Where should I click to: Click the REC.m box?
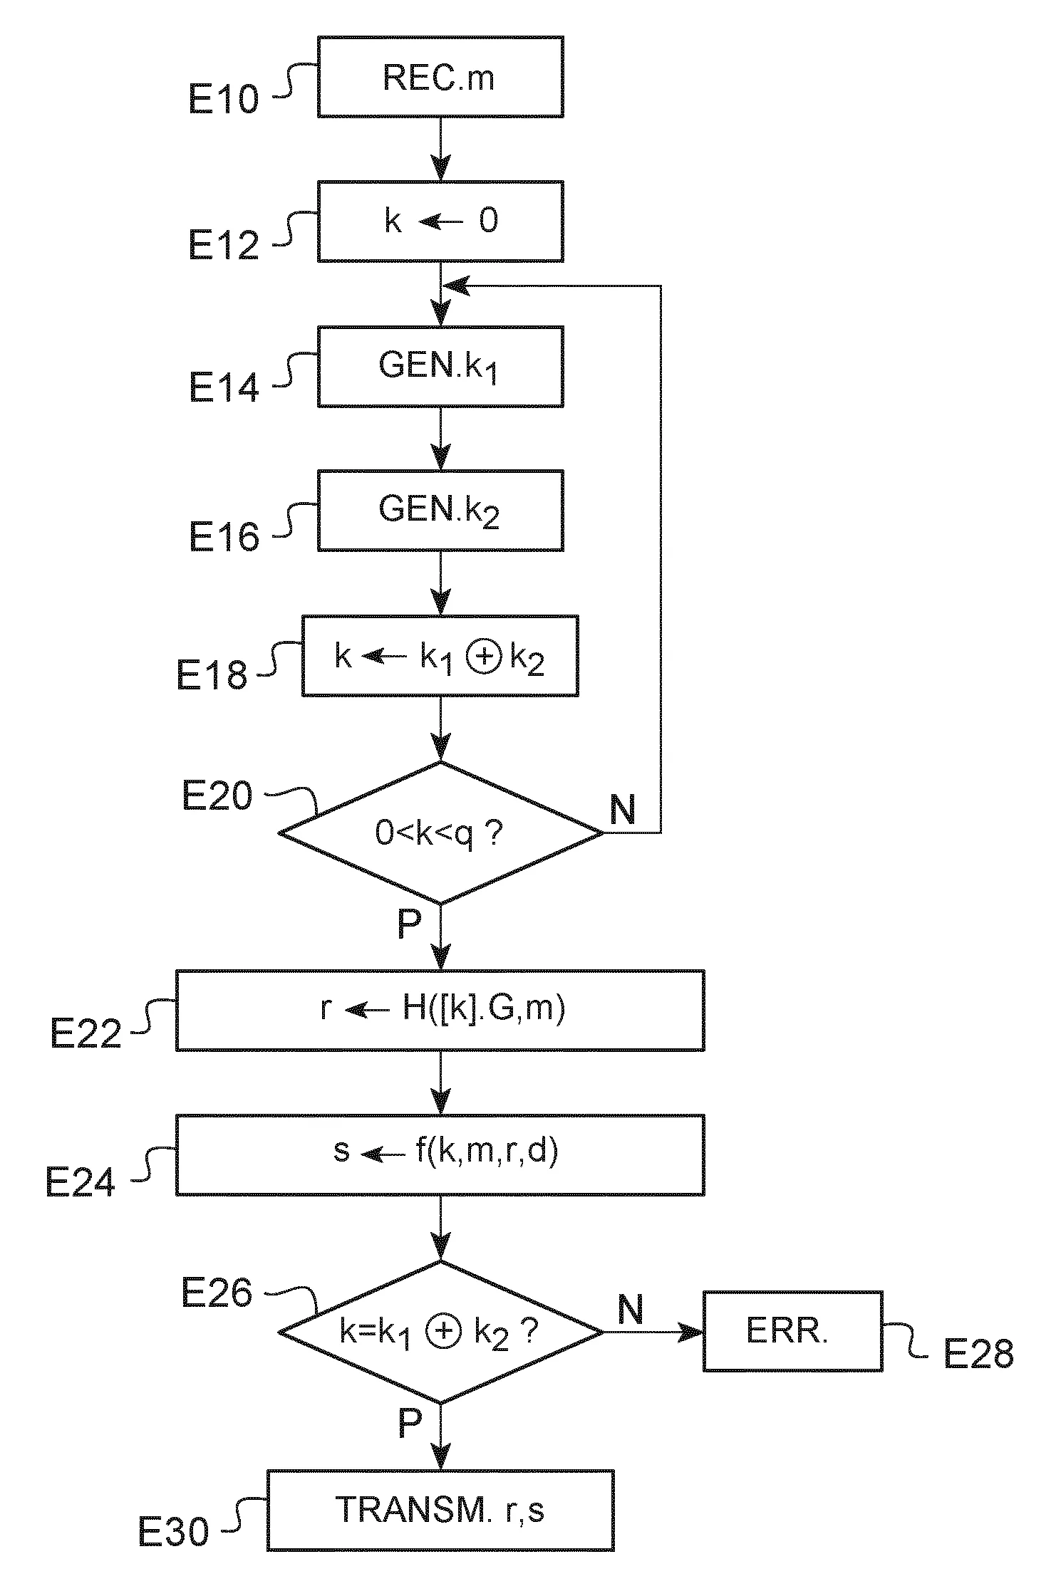tap(440, 77)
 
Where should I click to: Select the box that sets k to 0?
tap(440, 221)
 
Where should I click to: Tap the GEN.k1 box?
tap(440, 366)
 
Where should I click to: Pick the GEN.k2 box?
tap(440, 510)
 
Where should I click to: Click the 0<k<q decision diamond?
tap(440, 832)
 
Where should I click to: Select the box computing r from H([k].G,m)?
tap(440, 1009)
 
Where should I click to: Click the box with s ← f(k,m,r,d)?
tap(440, 1154)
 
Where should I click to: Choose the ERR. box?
tap(792, 1330)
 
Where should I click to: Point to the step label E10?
tap(223, 99)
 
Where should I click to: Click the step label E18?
tap(212, 674)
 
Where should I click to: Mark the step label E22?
tap(86, 1033)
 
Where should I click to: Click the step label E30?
tap(173, 1531)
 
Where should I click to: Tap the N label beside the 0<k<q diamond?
tap(623, 809)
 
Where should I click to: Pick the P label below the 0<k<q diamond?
tap(409, 924)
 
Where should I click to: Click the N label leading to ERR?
tap(630, 1309)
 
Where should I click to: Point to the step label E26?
tap(217, 1293)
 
